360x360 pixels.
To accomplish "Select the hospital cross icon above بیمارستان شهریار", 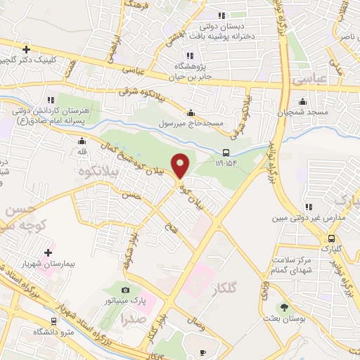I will (x=49, y=252).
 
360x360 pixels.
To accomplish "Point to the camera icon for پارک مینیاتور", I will (x=125, y=290).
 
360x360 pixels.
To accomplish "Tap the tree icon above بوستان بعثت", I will (x=284, y=307).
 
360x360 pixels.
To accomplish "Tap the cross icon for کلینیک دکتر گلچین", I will (x=26, y=49).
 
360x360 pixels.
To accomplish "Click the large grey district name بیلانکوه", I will (x=96, y=172).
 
